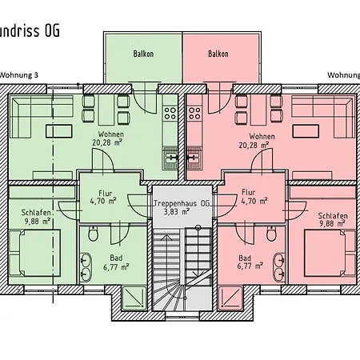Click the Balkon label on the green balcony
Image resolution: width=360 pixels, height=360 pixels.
coord(142,54)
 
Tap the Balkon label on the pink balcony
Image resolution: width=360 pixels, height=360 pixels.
coord(218,54)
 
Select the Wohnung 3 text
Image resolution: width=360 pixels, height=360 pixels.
coord(19,75)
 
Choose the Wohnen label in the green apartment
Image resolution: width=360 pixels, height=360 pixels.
coord(110,135)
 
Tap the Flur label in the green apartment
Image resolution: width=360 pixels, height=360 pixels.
coord(104,193)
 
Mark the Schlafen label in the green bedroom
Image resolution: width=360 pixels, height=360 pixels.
coord(31,212)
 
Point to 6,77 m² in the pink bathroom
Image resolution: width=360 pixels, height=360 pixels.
coord(250,266)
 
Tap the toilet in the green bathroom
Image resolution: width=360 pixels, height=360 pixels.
coord(94,234)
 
